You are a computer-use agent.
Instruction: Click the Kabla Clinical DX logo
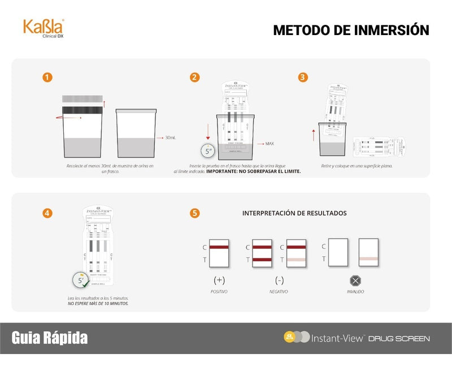44,28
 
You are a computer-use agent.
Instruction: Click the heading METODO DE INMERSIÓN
351,30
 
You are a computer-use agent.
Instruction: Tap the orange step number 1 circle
49,77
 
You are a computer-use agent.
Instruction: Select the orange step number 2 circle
195,77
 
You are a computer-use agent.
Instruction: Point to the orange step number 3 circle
303,77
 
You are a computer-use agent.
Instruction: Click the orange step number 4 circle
49,213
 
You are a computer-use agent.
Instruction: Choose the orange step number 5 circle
195,213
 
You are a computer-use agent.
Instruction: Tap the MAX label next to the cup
270,144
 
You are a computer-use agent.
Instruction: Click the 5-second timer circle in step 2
208,151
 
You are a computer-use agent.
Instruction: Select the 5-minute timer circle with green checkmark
80,279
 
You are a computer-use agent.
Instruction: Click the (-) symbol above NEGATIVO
279,280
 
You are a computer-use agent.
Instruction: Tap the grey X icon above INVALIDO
355,281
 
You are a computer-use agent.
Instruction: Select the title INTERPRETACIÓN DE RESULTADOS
294,213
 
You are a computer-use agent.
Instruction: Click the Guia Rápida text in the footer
50,338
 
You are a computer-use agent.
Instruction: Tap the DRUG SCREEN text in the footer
399,339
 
